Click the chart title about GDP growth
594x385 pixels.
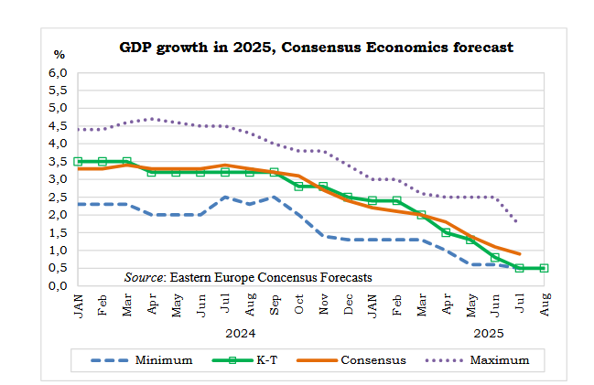316,47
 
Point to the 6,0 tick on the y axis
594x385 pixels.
59,72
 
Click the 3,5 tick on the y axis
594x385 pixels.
59,161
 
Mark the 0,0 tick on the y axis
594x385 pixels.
59,285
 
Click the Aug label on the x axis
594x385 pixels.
545,305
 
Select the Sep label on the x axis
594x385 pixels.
274,305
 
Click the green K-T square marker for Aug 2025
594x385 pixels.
544,268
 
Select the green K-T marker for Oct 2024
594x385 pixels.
298,186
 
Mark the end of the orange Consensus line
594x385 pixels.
520,253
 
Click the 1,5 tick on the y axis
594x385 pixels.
59,232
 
